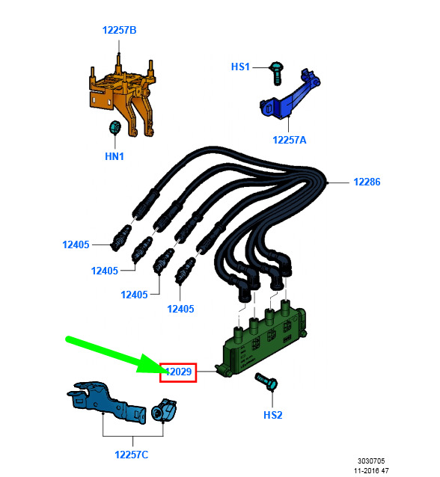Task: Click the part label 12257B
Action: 120,30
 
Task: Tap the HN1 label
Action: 114,156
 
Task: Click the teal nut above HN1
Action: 114,127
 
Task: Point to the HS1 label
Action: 240,67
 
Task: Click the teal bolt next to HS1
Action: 276,73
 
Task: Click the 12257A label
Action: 290,140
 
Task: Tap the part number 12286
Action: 367,182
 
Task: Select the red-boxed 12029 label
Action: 178,372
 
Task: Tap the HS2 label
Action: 273,415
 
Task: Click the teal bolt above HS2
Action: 266,381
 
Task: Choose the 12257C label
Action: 131,455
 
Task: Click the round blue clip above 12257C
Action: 164,410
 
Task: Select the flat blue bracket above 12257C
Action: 106,401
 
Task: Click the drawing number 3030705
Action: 371,461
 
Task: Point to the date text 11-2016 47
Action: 371,470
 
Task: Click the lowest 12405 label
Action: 180,309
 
